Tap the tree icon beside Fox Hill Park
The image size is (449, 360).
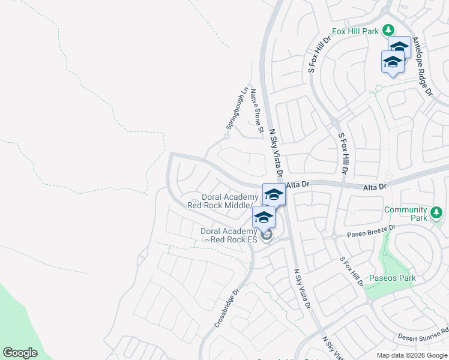tap(388, 29)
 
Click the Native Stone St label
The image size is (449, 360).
tap(257, 110)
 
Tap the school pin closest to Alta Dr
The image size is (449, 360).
tap(273, 194)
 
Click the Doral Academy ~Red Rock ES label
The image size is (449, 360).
tap(231, 235)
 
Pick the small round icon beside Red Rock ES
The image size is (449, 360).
tap(267, 235)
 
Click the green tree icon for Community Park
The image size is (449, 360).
tap(436, 212)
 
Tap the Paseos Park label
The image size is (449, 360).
tap(392, 278)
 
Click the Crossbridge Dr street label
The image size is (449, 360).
tap(227, 308)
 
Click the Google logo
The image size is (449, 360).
tap(20, 353)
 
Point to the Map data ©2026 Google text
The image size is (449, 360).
tap(412, 355)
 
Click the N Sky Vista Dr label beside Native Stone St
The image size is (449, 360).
tap(276, 153)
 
